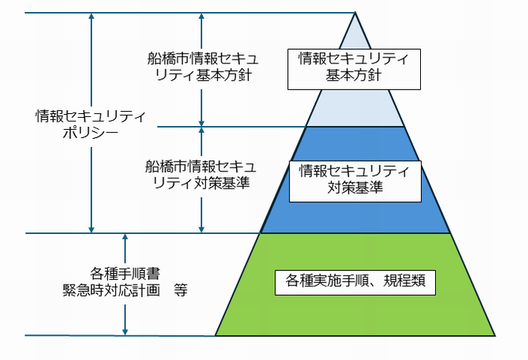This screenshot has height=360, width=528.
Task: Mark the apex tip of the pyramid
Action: (x=355, y=14)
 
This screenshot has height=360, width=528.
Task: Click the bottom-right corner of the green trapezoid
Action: (x=495, y=335)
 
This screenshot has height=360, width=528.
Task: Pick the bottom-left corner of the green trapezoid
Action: (x=216, y=335)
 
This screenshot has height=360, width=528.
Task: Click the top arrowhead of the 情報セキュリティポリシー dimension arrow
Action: (x=91, y=17)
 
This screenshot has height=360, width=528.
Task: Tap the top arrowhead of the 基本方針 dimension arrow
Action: (x=201, y=17)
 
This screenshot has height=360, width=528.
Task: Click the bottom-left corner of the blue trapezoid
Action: (x=260, y=233)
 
